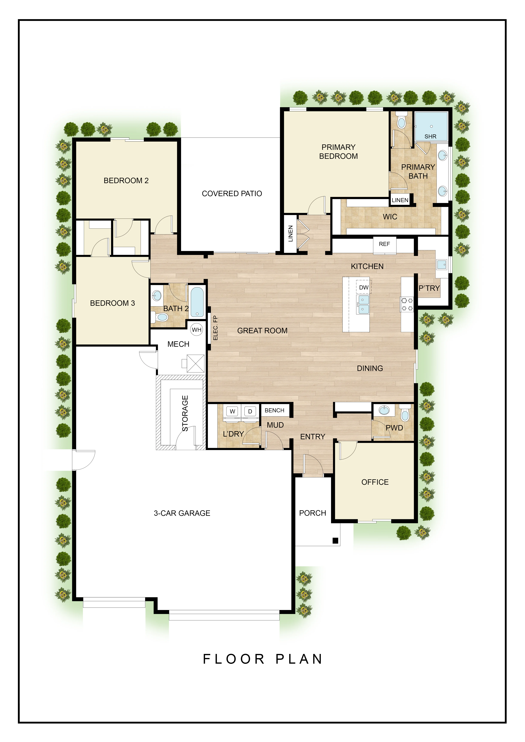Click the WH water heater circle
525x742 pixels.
197,330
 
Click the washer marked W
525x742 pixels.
232,411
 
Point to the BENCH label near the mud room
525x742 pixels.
274,410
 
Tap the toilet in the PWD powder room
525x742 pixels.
405,413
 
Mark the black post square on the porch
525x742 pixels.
335,540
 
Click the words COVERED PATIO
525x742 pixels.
232,194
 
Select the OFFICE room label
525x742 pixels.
375,482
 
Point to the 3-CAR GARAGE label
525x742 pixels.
182,513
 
